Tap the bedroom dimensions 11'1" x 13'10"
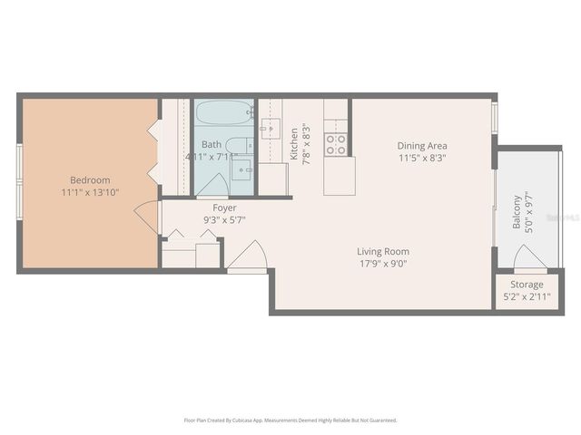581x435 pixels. point(90,192)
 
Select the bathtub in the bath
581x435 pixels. point(223,115)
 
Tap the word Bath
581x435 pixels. point(211,144)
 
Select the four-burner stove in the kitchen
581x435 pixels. point(336,145)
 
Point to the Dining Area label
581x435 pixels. point(422,145)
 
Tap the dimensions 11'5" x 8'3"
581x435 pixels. point(422,157)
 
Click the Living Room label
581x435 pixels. point(382,252)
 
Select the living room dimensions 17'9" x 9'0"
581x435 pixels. point(382,264)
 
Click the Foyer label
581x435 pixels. point(224,208)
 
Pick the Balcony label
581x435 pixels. point(517,212)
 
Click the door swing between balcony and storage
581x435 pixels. point(529,261)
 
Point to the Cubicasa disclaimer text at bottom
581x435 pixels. point(290,420)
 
